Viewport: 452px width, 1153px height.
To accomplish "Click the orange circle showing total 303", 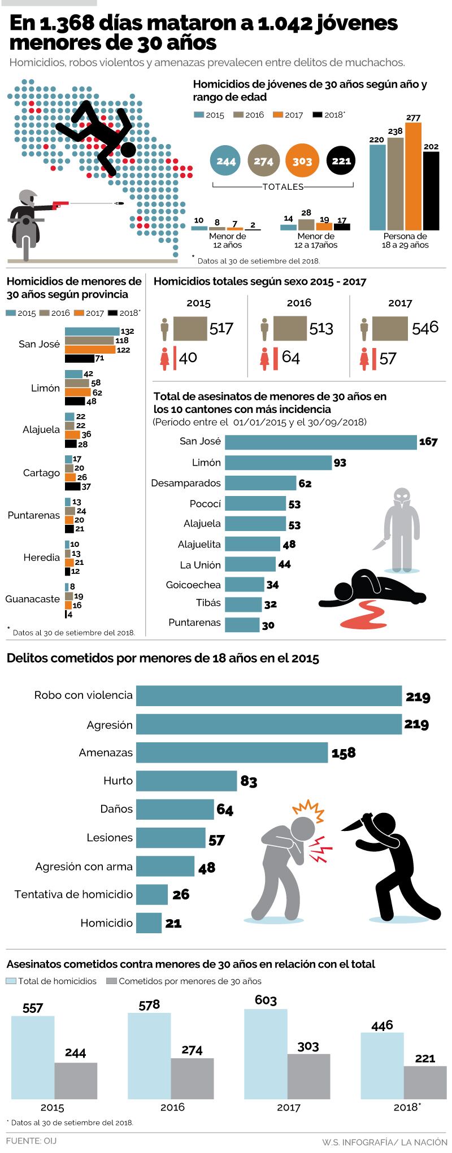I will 302,161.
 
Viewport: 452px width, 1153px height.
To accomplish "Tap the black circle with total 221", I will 341,161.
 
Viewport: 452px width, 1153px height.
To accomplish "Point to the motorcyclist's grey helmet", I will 27,197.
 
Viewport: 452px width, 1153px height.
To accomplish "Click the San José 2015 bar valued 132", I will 92,332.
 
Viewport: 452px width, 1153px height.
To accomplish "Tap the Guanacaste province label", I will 33,599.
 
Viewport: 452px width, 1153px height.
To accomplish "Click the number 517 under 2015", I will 221,328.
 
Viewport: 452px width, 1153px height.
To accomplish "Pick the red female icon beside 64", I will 264,359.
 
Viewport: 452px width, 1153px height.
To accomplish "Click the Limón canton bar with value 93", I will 278,463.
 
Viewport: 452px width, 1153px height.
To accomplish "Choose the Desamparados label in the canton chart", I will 186,483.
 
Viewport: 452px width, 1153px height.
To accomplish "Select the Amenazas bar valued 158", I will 232,752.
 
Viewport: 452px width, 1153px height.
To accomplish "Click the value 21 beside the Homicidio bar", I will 173,923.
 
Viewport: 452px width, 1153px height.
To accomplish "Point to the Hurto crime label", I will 118,781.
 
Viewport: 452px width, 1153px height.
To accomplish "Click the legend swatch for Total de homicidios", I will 11,981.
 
